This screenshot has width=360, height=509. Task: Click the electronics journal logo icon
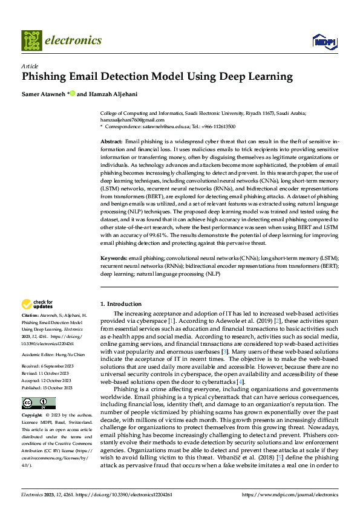(x=31, y=41)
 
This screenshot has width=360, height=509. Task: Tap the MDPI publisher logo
(x=324, y=41)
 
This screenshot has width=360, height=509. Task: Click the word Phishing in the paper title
(x=45, y=77)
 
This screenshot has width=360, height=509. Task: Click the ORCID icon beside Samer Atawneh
(x=72, y=93)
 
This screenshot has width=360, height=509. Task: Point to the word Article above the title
(x=30, y=66)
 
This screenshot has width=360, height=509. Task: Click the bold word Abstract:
(x=111, y=141)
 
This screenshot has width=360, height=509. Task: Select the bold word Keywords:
(x=113, y=258)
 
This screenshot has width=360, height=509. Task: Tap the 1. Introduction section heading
(x=121, y=303)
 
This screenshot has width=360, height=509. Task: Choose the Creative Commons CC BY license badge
(x=38, y=403)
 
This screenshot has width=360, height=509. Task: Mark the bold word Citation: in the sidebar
(x=30, y=316)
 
